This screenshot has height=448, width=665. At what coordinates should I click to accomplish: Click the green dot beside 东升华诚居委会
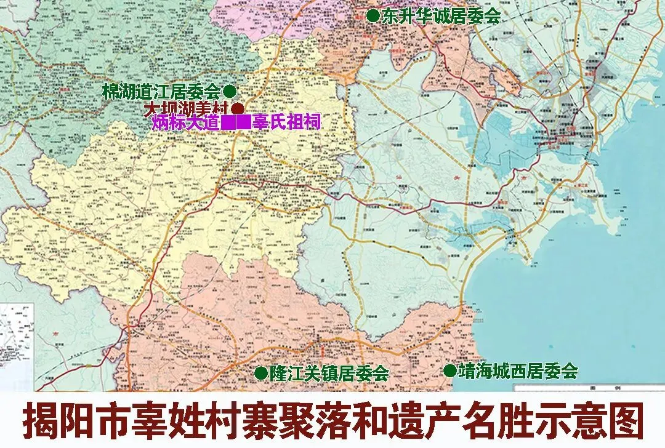click(x=373, y=17)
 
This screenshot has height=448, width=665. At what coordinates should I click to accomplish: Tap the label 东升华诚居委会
click(x=441, y=17)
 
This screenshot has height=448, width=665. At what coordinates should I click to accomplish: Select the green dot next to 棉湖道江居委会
click(x=229, y=91)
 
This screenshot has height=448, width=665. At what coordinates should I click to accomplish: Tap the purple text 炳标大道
click(x=186, y=122)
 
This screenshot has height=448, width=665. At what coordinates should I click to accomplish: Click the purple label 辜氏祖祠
click(x=286, y=122)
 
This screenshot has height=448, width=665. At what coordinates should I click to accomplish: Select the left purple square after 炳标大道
click(x=228, y=122)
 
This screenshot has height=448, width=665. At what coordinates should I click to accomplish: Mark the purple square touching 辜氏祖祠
click(x=243, y=122)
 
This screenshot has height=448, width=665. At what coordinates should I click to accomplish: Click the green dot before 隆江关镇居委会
click(x=261, y=372)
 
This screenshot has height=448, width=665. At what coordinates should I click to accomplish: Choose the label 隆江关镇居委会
click(x=329, y=373)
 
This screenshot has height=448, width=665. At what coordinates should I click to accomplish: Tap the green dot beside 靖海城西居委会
click(x=449, y=370)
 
